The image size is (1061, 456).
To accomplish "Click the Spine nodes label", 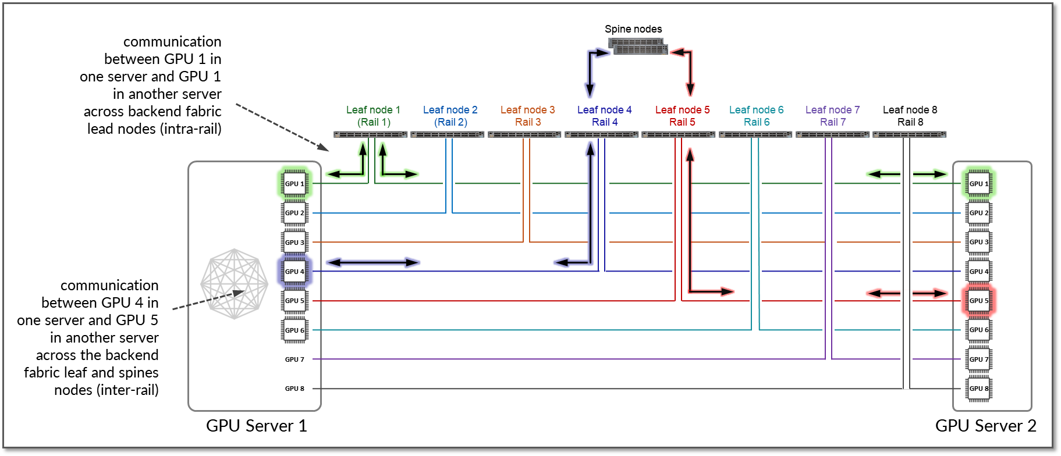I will click(633, 29).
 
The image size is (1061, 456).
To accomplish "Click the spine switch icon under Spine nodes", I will click(638, 47).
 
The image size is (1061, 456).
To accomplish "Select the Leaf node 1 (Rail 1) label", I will click(373, 116).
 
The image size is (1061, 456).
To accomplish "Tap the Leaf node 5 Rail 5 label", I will click(682, 116).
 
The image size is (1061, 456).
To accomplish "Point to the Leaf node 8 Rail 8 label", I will click(910, 116).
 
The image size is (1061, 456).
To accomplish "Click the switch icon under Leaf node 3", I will click(524, 134).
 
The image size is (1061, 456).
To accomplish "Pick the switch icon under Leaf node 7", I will click(832, 134).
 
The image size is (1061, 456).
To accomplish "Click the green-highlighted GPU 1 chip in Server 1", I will click(294, 184).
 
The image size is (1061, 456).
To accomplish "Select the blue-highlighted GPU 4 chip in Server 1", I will click(294, 272).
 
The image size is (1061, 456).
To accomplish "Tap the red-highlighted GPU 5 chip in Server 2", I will click(978, 301).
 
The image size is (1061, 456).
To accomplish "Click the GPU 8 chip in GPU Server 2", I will click(978, 389).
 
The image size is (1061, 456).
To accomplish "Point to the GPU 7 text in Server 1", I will click(294, 359).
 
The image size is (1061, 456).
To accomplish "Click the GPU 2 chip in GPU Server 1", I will click(294, 213).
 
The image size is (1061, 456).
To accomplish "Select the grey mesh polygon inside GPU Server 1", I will click(234, 284).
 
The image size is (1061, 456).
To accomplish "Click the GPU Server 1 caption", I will click(256, 426).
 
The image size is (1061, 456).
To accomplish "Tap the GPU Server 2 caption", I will click(985, 426).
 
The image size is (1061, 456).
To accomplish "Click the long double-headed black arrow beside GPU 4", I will click(372, 263).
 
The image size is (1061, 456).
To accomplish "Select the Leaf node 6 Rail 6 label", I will click(756, 116).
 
